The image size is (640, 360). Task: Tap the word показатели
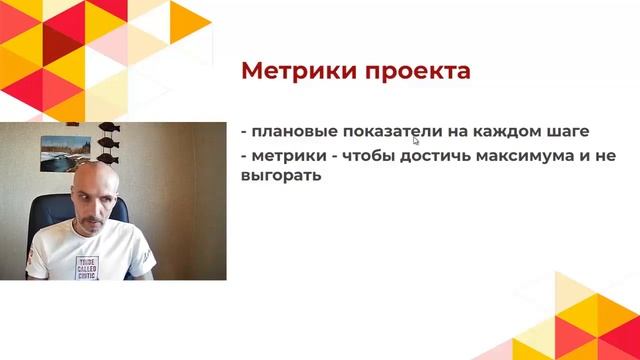384,131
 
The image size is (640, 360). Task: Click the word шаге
569,131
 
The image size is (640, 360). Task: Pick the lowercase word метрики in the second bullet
288,156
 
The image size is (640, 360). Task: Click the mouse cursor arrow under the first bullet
415,141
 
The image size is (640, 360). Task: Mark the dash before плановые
244,132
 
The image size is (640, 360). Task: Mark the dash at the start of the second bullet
244,157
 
